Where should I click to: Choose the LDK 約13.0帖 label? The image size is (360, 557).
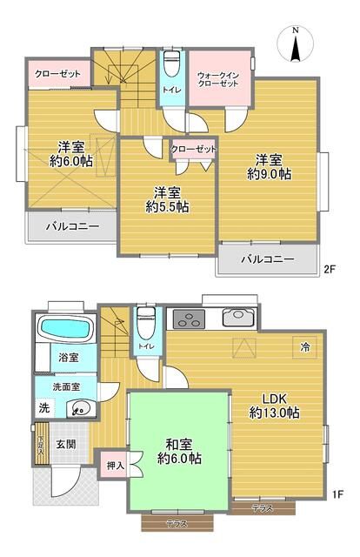[274, 405]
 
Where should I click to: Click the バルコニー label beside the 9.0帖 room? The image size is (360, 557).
[267, 259]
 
